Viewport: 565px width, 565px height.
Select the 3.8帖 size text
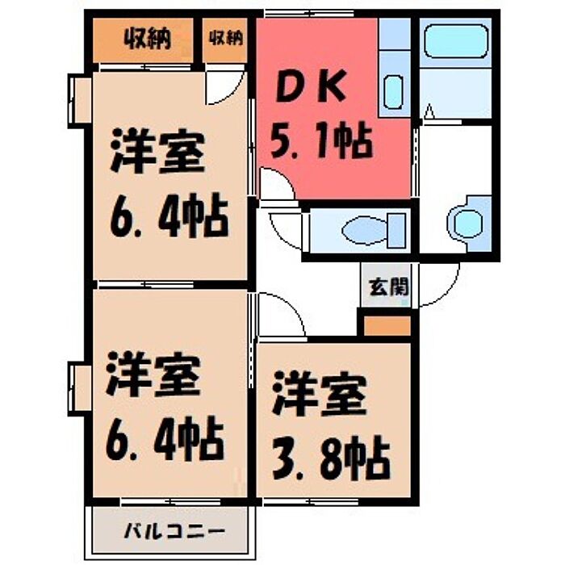[x=331, y=457]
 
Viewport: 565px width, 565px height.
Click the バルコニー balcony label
[x=175, y=532]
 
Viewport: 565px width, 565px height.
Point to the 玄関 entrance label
[x=389, y=287]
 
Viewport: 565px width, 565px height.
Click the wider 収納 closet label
[x=147, y=39]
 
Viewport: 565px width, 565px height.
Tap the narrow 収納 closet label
[x=226, y=38]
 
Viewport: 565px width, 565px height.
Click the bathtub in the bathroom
[x=456, y=40]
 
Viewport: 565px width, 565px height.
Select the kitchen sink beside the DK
[x=393, y=91]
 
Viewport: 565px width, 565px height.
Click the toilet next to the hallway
[x=374, y=230]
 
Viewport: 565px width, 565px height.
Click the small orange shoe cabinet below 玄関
[x=387, y=326]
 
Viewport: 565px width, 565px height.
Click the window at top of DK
[x=309, y=14]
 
